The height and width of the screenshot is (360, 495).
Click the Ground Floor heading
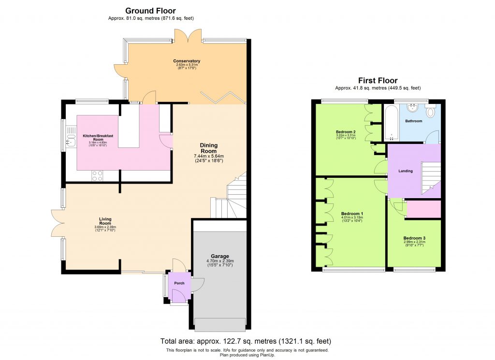click(150, 11)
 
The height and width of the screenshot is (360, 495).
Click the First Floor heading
click(378, 80)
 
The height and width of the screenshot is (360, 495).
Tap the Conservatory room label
click(187, 61)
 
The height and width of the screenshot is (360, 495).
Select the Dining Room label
click(209, 148)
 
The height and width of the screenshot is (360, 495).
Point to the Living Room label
click(105, 219)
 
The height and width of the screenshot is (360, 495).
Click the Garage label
click(219, 256)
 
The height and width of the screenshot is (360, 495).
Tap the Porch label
click(179, 283)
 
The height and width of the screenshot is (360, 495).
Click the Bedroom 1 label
click(352, 214)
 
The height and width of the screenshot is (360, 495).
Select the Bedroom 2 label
click(346, 131)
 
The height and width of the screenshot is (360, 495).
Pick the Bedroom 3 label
click(414, 238)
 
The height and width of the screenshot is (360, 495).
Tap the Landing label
click(405, 171)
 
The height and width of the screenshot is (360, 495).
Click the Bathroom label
click(413, 121)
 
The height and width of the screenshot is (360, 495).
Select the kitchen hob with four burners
click(97, 175)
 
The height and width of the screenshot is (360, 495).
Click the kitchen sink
click(71, 136)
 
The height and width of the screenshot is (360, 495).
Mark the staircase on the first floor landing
click(430, 176)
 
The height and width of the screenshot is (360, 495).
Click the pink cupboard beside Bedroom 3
click(424, 210)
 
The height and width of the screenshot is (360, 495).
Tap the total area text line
click(246, 341)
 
